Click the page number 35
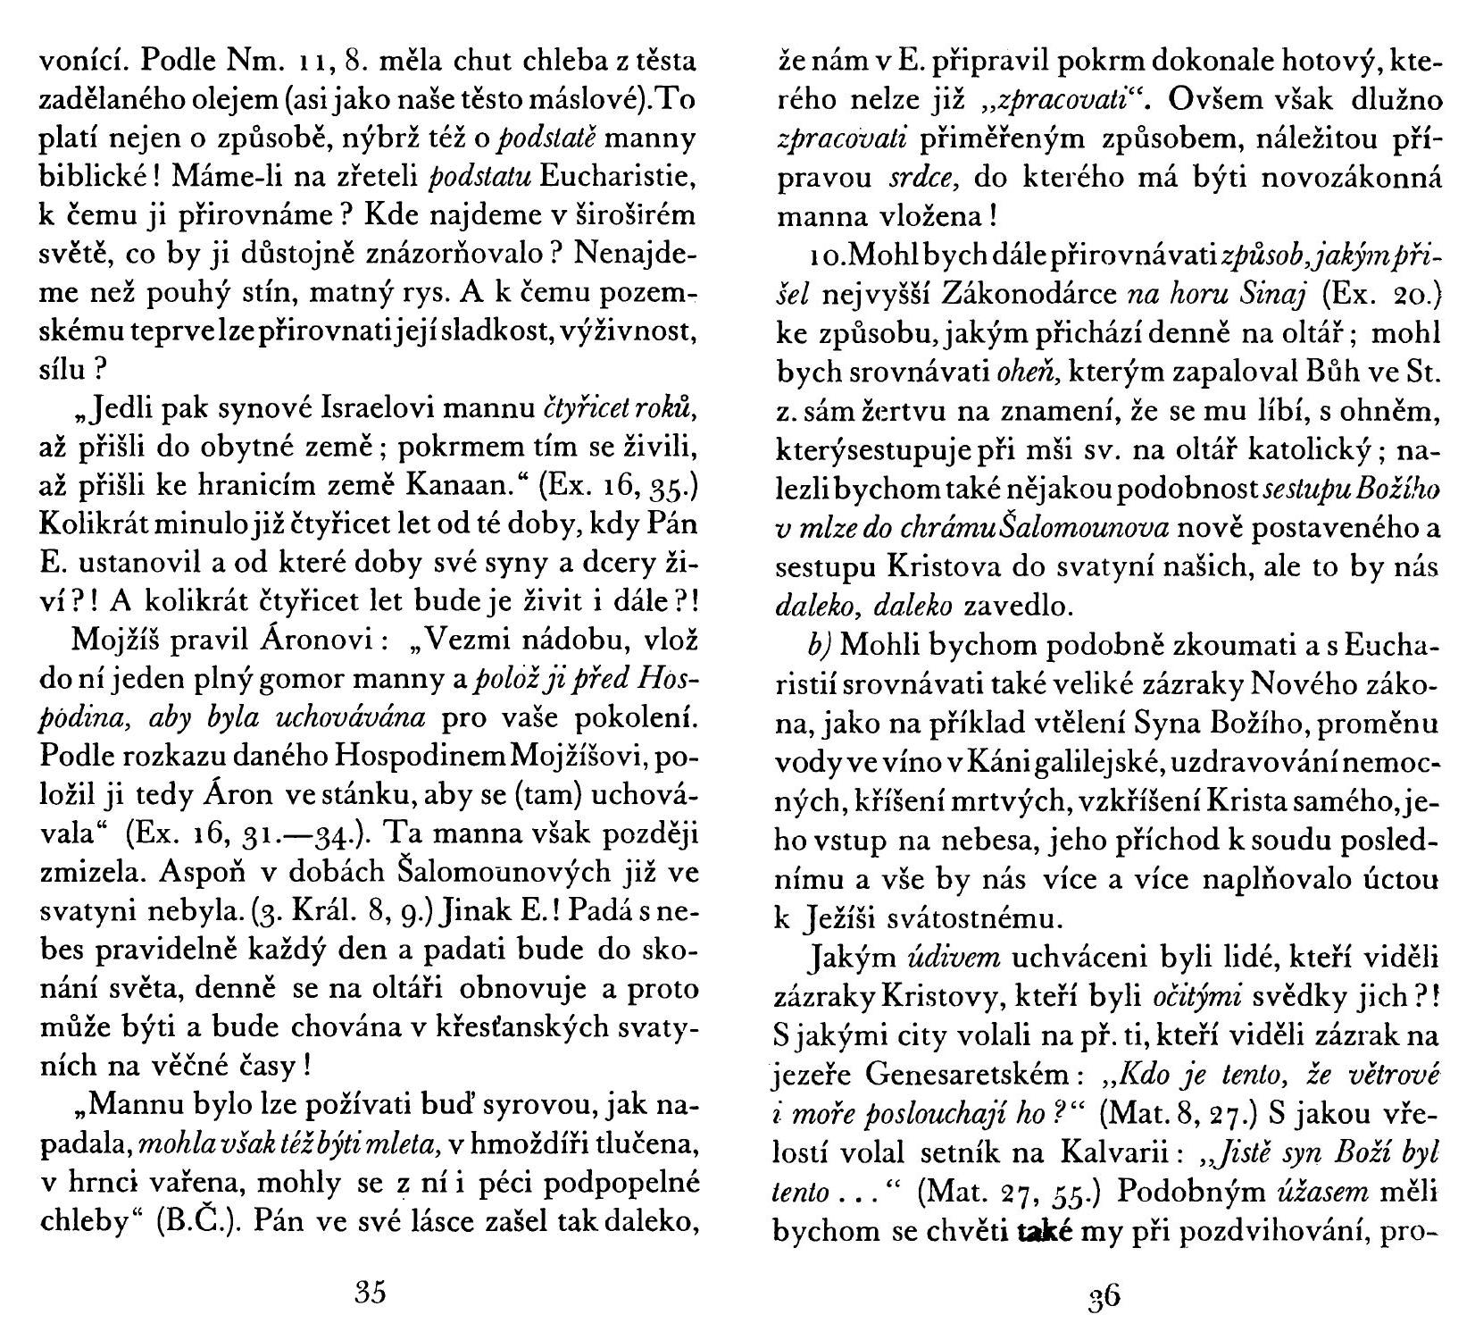tap(369, 1293)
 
